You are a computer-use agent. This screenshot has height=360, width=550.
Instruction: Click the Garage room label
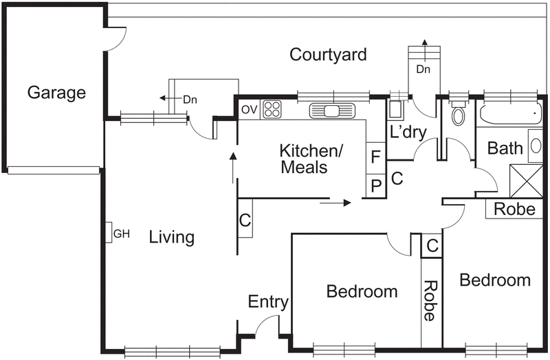pos(56,93)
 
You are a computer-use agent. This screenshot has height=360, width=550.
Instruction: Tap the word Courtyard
pos(328,55)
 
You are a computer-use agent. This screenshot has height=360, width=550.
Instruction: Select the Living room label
pos(171,237)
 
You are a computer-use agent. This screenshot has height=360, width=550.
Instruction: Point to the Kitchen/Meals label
pos(311,159)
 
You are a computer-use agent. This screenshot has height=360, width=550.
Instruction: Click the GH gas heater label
pos(122,234)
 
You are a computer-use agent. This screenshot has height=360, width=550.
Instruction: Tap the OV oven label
pos(250,110)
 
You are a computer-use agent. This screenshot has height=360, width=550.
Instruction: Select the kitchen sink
pos(332,111)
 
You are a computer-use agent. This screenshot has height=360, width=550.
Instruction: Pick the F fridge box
pos(375,158)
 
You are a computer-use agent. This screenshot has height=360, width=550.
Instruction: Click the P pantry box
pos(375,185)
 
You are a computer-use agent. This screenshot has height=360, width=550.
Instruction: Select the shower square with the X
pos(526,181)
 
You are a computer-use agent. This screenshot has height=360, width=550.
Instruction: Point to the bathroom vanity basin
pos(536,146)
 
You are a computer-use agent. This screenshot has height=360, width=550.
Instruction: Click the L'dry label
pos(408,133)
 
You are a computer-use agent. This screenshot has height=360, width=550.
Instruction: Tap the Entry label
pos(268,302)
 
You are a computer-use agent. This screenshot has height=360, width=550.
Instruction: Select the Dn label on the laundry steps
pos(423,69)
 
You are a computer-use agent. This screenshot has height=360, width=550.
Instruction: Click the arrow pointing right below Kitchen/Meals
pos(335,203)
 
